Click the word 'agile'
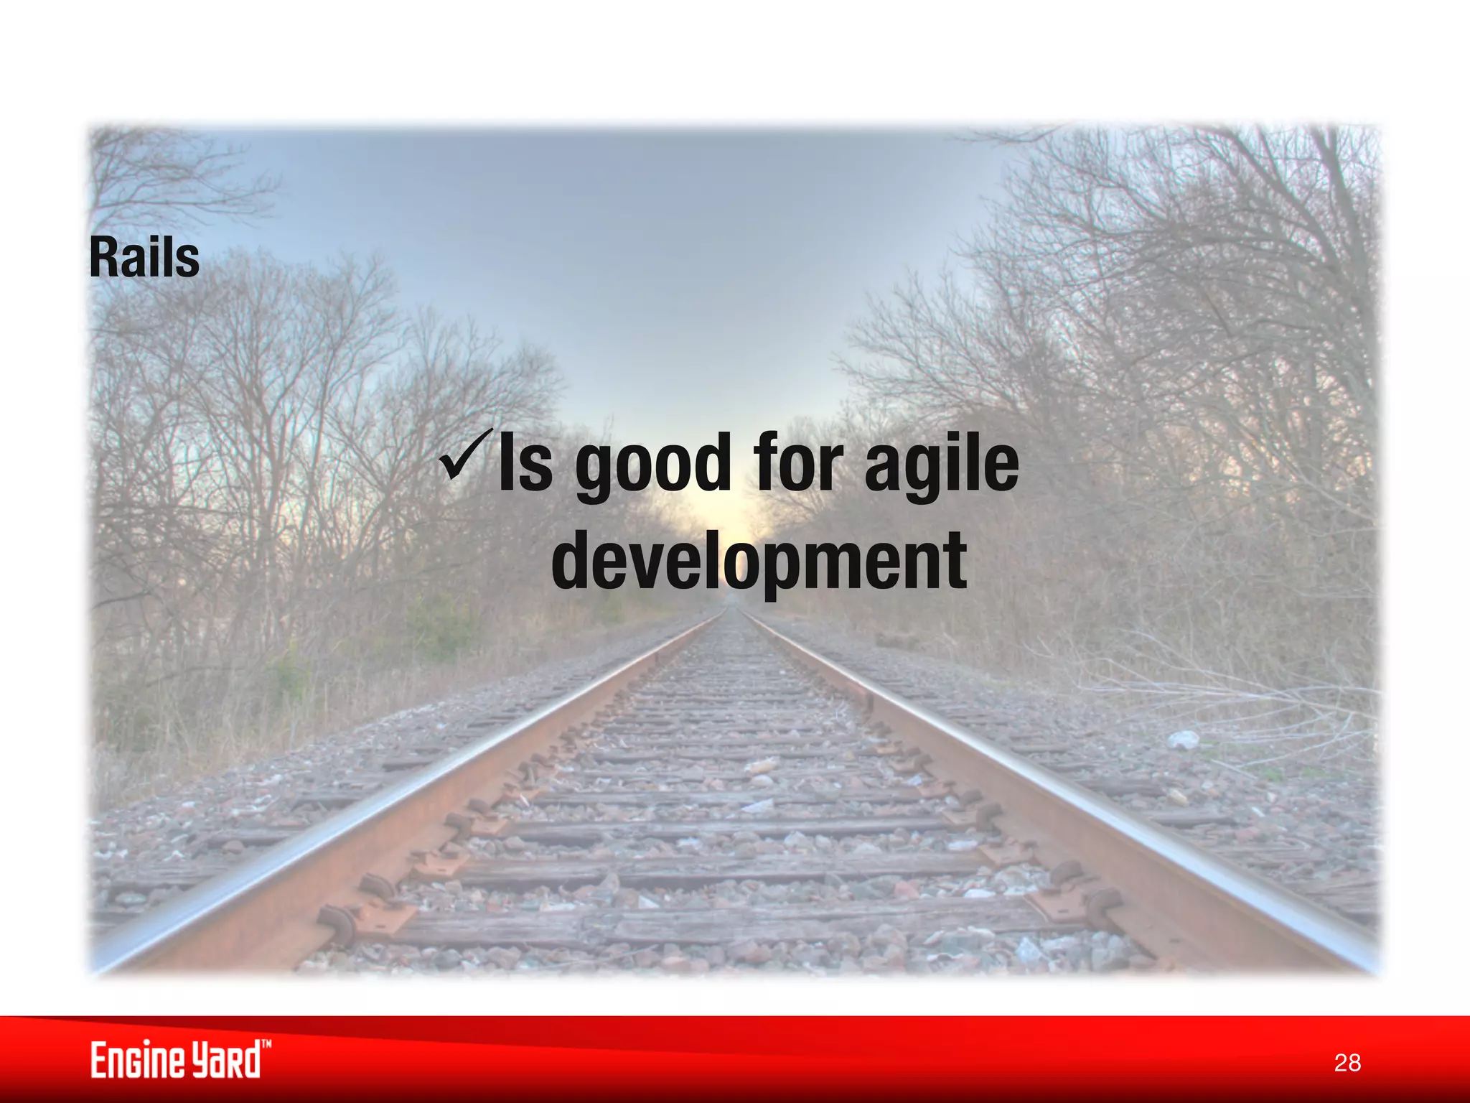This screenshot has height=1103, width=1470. pos(941,463)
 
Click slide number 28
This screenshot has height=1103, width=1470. pos(1347,1062)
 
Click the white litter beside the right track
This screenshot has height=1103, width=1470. pos(1183,739)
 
